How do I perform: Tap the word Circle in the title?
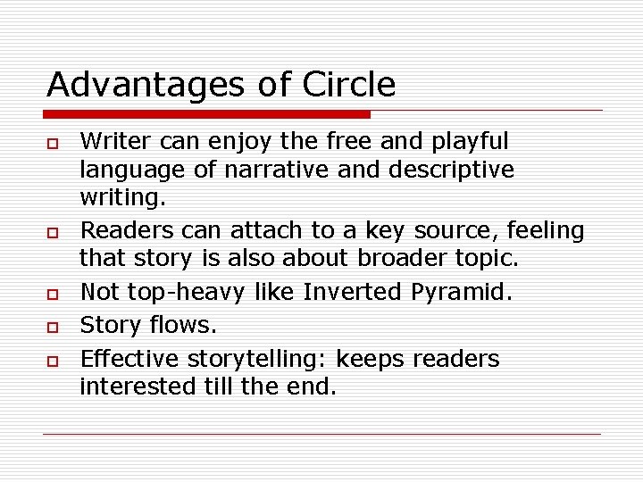click(x=348, y=85)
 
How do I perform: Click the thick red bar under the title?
click(x=208, y=114)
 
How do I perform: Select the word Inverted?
click(x=354, y=292)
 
